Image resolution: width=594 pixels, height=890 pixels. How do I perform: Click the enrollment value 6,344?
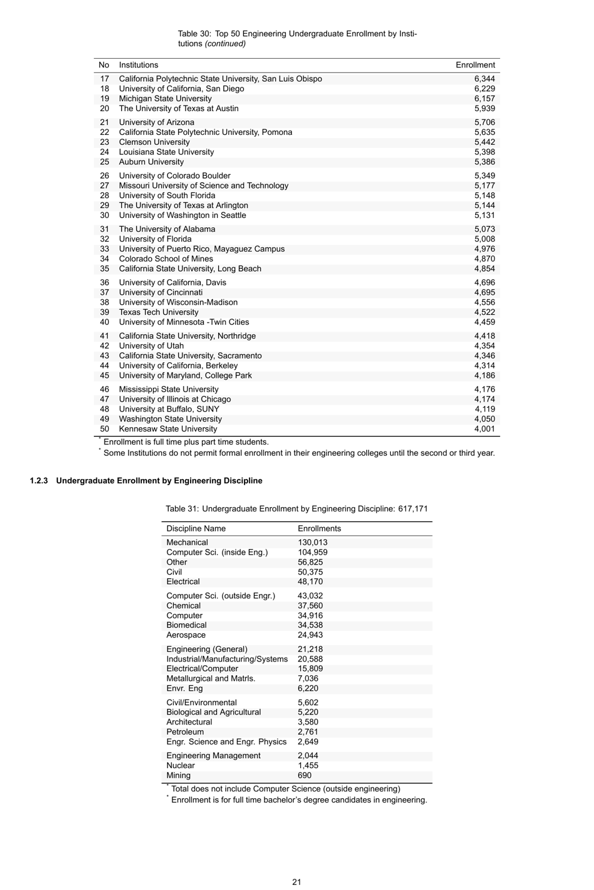(x=484, y=79)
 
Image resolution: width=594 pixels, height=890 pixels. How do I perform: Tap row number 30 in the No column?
(x=104, y=215)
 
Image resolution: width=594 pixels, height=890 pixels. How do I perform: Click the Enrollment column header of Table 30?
(x=475, y=65)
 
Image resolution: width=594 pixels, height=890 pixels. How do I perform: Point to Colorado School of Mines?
(x=166, y=259)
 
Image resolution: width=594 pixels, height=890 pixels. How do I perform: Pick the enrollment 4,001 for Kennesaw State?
(x=484, y=429)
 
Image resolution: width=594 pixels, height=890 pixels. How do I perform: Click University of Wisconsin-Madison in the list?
(x=178, y=302)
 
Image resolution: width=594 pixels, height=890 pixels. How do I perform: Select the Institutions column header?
(x=138, y=65)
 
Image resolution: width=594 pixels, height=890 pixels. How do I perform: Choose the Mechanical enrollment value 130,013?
(x=312, y=543)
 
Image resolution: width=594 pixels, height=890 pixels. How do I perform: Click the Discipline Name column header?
(x=196, y=529)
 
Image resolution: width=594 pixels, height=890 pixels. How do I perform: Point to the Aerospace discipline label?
(x=186, y=635)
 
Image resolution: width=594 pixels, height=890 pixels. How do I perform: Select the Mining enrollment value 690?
(x=305, y=776)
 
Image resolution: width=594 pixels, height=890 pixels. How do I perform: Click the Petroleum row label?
(x=184, y=732)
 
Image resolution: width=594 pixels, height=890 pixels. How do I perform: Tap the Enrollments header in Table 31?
(x=319, y=529)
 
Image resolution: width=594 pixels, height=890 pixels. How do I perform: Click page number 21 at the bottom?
(x=297, y=882)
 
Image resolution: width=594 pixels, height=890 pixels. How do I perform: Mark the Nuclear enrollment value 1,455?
(x=308, y=766)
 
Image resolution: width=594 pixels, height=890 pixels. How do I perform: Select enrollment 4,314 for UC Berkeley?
(x=484, y=366)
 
